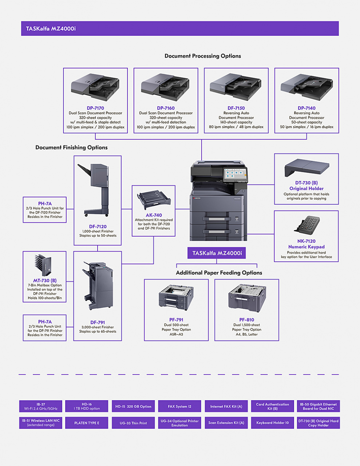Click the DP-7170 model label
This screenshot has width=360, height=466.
(95, 108)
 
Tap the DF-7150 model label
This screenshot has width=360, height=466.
(236, 108)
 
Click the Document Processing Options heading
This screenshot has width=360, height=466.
(203, 56)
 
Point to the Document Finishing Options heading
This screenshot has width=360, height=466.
(71, 147)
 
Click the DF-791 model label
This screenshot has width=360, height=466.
(98, 322)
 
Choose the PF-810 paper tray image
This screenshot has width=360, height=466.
(247, 297)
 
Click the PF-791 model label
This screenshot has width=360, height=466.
(176, 320)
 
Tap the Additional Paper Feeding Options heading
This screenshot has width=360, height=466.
(219, 273)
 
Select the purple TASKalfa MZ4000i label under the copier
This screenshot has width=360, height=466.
(217, 253)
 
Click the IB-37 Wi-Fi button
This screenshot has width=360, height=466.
(41, 406)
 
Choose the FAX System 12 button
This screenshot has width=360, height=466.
(179, 406)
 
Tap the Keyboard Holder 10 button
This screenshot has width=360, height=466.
(272, 423)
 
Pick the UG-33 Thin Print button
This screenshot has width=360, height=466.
(133, 423)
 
